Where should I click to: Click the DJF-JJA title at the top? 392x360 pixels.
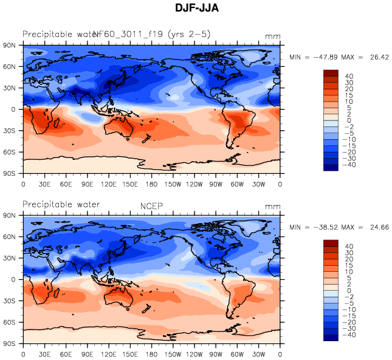pyautogui.click(x=196, y=9)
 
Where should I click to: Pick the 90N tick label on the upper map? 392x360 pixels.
pyautogui.click(x=10, y=46)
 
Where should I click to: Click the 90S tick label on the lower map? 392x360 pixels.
pyautogui.click(x=10, y=344)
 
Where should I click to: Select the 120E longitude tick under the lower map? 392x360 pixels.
pyautogui.click(x=109, y=353)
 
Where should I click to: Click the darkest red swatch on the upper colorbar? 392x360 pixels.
pyautogui.click(x=331, y=73)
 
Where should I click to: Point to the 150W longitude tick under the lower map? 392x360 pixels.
pyautogui.click(x=173, y=353)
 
